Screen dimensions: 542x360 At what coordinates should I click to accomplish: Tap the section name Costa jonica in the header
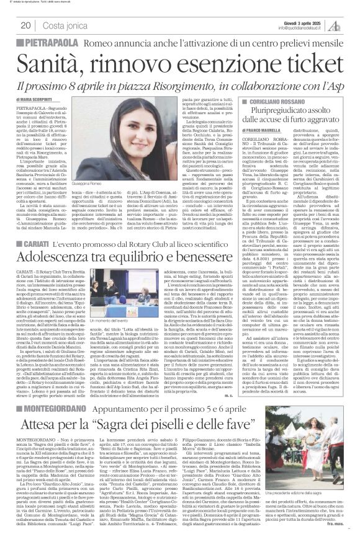tap(63, 25)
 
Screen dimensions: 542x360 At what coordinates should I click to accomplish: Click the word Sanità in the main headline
tap(50, 60)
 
